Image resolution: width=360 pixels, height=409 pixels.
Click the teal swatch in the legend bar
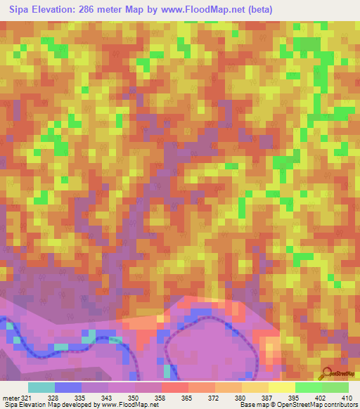coord(41,387)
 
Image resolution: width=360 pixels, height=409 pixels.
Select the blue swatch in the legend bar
coord(68,387)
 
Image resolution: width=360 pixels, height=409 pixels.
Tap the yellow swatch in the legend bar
coord(281,387)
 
